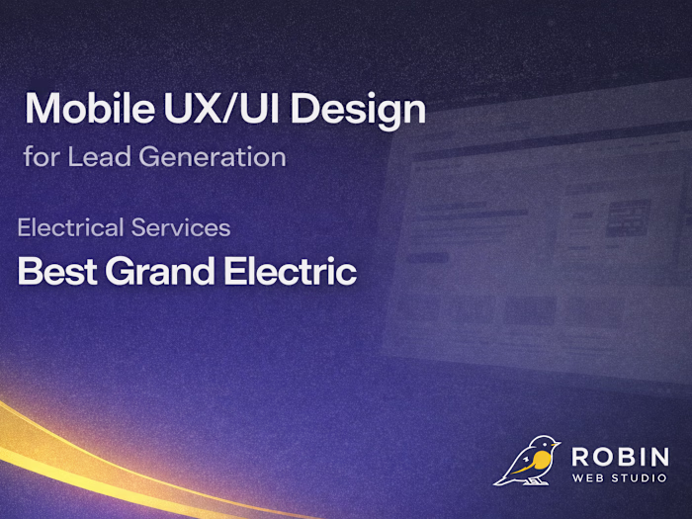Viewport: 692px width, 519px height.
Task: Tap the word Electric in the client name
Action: (x=292, y=271)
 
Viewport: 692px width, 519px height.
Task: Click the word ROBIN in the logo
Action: (x=620, y=459)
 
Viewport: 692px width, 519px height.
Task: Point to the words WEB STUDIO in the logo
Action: (x=620, y=479)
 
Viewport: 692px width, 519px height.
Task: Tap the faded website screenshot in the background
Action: (x=534, y=237)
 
